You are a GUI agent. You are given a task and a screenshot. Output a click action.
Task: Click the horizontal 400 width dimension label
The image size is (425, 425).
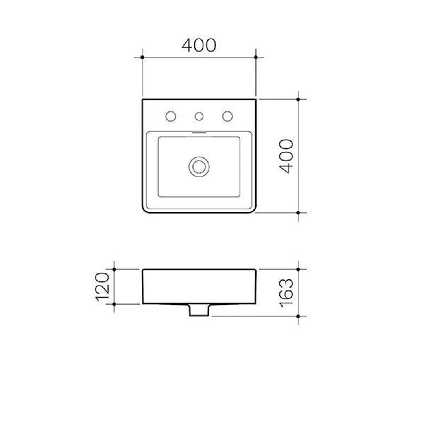pyautogui.click(x=199, y=45)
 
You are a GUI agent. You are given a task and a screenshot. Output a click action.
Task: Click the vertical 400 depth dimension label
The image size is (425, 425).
pyautogui.click(x=286, y=156)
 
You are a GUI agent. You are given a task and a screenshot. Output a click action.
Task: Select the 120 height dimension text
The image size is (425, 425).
pyautogui.click(x=102, y=286)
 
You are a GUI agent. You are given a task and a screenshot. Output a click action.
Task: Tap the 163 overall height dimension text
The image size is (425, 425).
pyautogui.click(x=286, y=292)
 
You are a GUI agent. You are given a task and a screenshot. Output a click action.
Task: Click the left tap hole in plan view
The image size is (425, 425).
pyautogui.click(x=171, y=116)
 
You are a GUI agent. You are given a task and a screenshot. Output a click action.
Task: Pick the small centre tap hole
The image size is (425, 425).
pyautogui.click(x=199, y=116)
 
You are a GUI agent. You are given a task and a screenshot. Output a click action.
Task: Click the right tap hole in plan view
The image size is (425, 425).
pyautogui.click(x=227, y=116)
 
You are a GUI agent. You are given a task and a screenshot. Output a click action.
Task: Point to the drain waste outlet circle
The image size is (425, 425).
pyautogui.click(x=199, y=166)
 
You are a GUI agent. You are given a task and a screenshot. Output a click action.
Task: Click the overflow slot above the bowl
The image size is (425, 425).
pyautogui.click(x=199, y=133)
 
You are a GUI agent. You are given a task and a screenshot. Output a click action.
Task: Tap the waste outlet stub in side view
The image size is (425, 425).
pyautogui.click(x=199, y=310)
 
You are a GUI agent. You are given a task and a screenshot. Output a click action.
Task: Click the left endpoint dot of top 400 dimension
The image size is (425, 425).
pyautogui.click(x=142, y=57)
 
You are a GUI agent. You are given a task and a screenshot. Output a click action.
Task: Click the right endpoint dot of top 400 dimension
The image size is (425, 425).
pyautogui.click(x=256, y=57)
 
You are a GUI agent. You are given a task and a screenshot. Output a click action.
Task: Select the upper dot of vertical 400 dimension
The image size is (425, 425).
pyautogui.click(x=298, y=99)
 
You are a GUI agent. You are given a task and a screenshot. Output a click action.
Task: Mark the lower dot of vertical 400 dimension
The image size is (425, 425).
pyautogui.click(x=298, y=213)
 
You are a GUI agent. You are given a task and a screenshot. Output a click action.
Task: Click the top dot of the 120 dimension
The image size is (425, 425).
pyautogui.click(x=114, y=269)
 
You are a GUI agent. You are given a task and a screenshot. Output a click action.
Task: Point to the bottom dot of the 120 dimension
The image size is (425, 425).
pyautogui.click(x=114, y=304)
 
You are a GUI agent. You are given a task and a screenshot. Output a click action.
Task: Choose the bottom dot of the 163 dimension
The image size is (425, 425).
pyautogui.click(x=298, y=316)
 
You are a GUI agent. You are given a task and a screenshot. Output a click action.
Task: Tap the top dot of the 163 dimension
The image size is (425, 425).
pyautogui.click(x=298, y=269)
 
